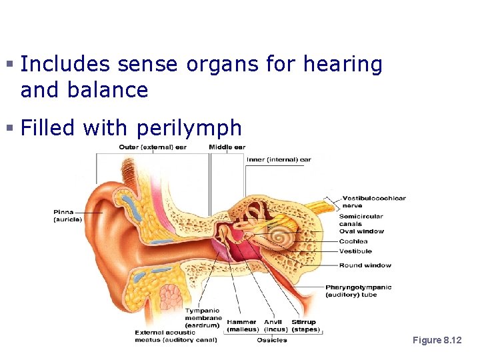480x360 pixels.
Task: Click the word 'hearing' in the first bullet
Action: click(x=343, y=65)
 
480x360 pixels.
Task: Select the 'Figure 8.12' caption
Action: click(x=437, y=340)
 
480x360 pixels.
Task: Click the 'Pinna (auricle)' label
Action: click(x=68, y=215)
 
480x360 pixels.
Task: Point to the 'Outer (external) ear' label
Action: click(x=153, y=147)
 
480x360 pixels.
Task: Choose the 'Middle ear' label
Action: click(x=227, y=147)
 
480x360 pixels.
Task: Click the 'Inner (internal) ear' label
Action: click(x=279, y=159)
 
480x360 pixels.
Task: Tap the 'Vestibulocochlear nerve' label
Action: click(x=373, y=201)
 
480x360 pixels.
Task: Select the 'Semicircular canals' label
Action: click(x=361, y=220)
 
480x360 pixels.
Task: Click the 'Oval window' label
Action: click(x=361, y=231)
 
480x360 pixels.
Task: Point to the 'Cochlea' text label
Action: click(x=353, y=241)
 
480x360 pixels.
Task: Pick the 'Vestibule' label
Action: click(x=355, y=251)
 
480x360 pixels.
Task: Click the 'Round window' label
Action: click(x=365, y=265)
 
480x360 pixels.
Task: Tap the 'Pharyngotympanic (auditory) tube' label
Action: click(x=358, y=291)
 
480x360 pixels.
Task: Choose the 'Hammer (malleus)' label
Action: click(x=242, y=326)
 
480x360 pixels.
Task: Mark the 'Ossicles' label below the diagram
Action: click(x=272, y=340)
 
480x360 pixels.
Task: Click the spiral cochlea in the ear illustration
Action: click(x=279, y=238)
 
